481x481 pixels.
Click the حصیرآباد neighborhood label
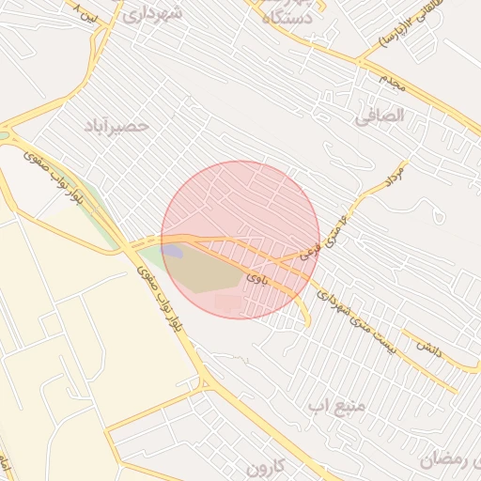116,125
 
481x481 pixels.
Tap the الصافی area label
380,116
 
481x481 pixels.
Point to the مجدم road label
393,82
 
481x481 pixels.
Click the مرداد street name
394,177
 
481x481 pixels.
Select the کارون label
265,467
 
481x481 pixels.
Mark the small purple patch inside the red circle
173,251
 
